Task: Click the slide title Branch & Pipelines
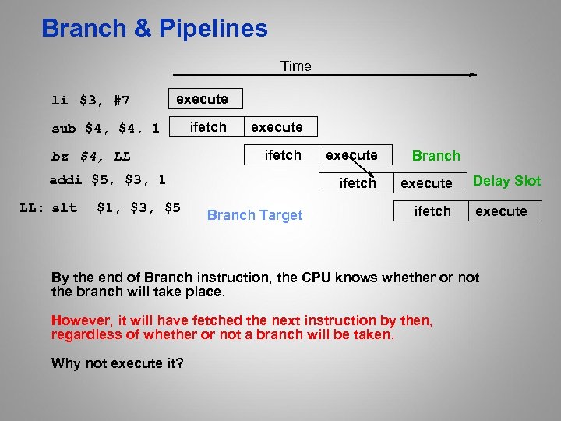pyautogui.click(x=154, y=29)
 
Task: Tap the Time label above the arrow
pyautogui.click(x=295, y=66)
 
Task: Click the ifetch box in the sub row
pyautogui.click(x=208, y=127)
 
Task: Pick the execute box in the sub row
pyautogui.click(x=277, y=127)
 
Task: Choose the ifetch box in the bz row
pyautogui.click(x=283, y=155)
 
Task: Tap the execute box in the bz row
pyautogui.click(x=351, y=155)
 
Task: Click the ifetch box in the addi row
pyautogui.click(x=358, y=183)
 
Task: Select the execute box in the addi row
pyautogui.click(x=426, y=183)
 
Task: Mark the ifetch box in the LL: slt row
pyautogui.click(x=432, y=211)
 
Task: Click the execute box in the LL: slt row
pyautogui.click(x=501, y=211)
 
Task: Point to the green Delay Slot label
pyautogui.click(x=506, y=181)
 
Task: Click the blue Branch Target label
pyautogui.click(x=255, y=215)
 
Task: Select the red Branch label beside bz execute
pyautogui.click(x=436, y=156)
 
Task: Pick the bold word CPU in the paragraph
pyautogui.click(x=317, y=278)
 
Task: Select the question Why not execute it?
pyautogui.click(x=117, y=363)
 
